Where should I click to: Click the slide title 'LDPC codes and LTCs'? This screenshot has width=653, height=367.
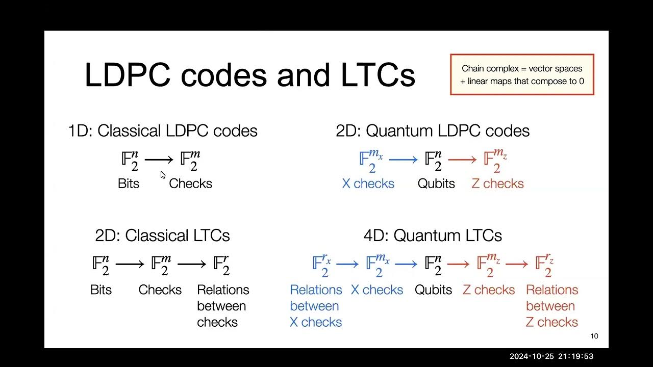(x=249, y=75)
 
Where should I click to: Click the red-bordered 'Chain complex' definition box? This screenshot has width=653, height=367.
(x=522, y=74)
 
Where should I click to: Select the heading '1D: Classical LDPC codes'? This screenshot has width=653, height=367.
(x=163, y=131)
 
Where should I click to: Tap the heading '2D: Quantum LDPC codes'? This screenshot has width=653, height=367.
(x=433, y=131)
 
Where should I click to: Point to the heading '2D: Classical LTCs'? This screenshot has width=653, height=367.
(x=162, y=235)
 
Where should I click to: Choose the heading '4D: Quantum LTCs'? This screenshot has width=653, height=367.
(x=433, y=235)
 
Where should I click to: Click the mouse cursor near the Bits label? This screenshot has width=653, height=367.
(x=163, y=175)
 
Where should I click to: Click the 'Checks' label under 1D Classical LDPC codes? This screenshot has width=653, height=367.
(x=190, y=183)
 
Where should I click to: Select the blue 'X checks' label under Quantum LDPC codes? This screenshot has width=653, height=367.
(x=368, y=183)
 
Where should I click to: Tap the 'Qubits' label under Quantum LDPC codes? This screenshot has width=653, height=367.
(x=436, y=183)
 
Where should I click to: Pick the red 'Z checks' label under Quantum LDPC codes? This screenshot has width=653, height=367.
(x=497, y=183)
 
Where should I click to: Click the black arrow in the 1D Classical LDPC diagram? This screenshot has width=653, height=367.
(x=159, y=160)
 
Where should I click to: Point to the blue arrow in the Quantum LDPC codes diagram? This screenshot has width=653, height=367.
(x=403, y=160)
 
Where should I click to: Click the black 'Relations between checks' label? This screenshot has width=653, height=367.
(x=223, y=306)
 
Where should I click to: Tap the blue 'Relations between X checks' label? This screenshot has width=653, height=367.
(x=316, y=306)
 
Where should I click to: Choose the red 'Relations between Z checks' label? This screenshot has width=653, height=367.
(x=552, y=306)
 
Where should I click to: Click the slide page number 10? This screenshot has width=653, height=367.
(x=594, y=336)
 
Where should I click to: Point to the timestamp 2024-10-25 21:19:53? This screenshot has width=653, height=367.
(x=551, y=356)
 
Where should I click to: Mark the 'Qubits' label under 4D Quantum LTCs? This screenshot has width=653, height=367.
(x=433, y=290)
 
